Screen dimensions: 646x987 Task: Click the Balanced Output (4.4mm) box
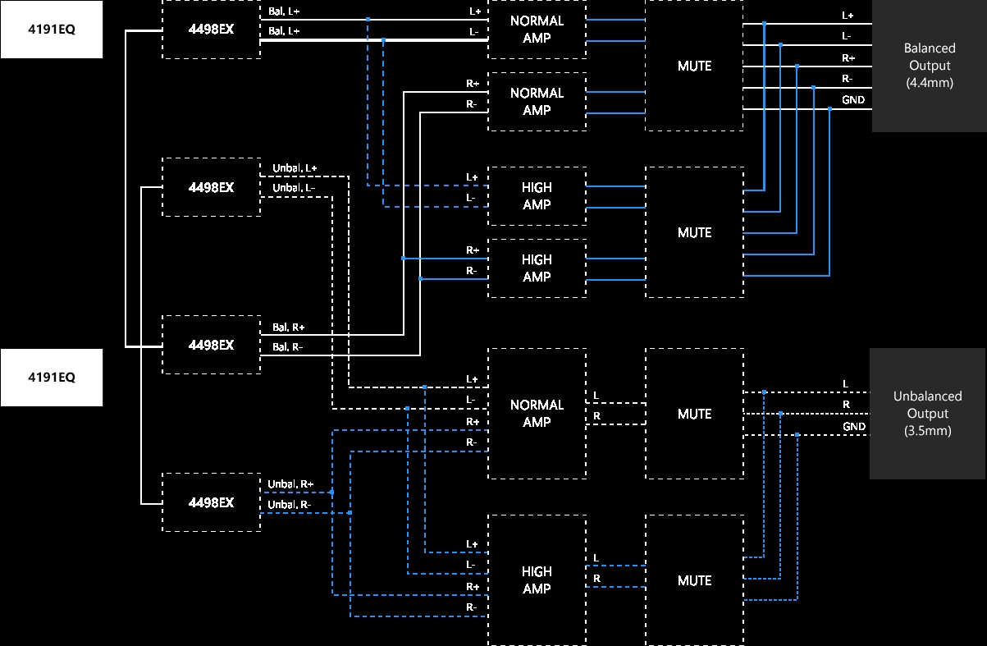tap(929, 66)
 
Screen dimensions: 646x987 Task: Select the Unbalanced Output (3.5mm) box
tap(927, 414)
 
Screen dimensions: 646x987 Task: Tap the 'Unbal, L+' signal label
tap(295, 168)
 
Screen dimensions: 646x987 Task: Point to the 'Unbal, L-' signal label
tap(294, 188)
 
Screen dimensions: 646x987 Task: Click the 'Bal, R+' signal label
tap(289, 328)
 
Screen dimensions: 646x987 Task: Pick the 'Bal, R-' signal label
tap(288, 347)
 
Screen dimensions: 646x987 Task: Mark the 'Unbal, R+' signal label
tap(290, 484)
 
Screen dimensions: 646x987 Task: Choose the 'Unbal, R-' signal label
tap(290, 504)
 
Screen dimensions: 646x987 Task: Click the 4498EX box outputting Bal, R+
tap(211, 345)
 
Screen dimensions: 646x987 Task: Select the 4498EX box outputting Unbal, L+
tap(211, 187)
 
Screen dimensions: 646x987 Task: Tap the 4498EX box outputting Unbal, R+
tap(211, 502)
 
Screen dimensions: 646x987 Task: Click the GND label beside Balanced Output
tap(852, 100)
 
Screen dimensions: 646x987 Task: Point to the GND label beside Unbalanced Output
tap(854, 427)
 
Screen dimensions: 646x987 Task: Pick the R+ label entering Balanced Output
tap(848, 57)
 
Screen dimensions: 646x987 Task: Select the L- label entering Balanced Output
tap(847, 36)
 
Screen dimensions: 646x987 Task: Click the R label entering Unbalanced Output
tap(846, 405)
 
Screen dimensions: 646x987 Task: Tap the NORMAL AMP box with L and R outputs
tap(537, 414)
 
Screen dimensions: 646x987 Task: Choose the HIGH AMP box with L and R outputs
tap(537, 580)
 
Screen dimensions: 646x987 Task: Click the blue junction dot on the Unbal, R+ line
tap(332, 493)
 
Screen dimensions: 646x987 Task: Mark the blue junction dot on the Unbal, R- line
tap(350, 513)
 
